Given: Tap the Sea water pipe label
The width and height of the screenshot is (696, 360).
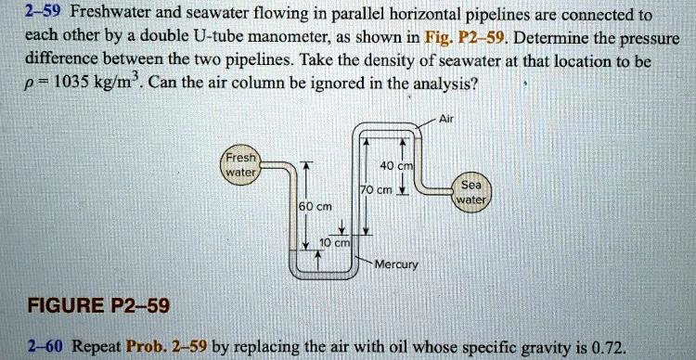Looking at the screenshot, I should tap(470, 190).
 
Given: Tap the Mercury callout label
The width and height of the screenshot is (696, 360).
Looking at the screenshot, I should tap(398, 264).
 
